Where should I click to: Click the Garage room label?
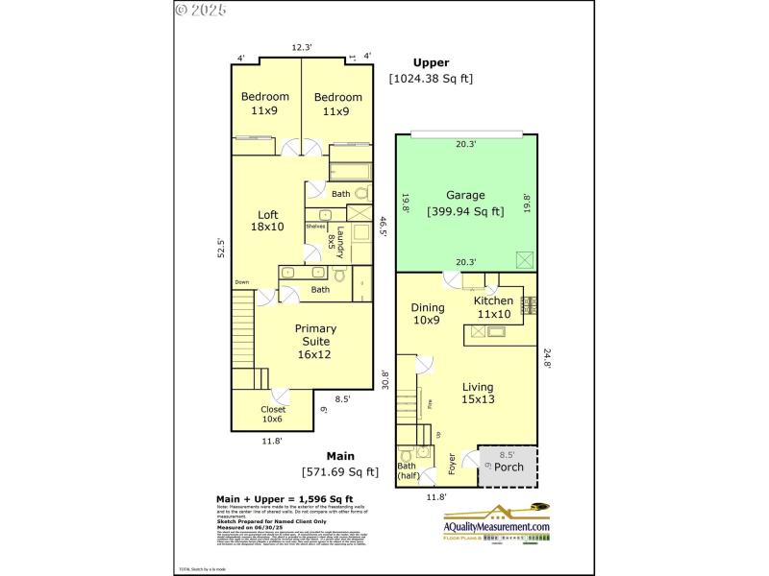[465, 196]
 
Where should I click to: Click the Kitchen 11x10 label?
[493, 307]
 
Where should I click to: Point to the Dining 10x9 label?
[428, 314]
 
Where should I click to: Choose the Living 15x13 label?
[478, 393]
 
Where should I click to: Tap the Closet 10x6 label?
[272, 413]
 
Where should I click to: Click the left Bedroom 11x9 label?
[264, 104]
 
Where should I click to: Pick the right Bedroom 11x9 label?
[337, 104]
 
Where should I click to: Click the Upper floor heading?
[431, 63]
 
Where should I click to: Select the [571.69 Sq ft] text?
[340, 471]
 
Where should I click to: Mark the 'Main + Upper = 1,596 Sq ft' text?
[285, 498]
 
